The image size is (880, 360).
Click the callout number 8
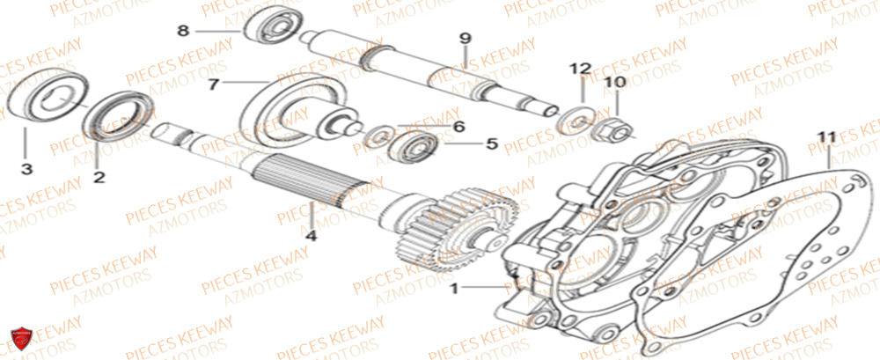point(183,31)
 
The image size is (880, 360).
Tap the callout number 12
point(582,68)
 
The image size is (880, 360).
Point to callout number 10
point(614,82)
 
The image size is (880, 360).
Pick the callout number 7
point(212,84)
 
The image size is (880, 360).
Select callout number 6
point(458,126)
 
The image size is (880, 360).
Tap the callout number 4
point(311,235)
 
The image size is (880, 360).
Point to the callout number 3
point(26,168)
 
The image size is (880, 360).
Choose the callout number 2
point(99,177)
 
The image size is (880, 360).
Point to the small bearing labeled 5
point(411,143)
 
